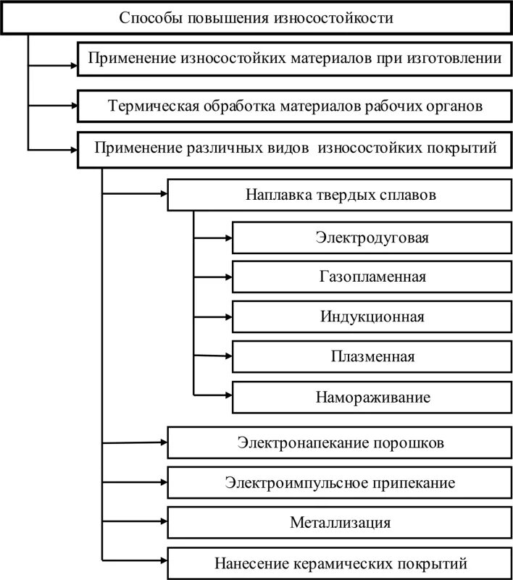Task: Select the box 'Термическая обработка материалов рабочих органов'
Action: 293,106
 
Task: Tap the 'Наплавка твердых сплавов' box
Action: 340,195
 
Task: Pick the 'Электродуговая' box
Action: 372,237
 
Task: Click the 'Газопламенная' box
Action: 372,277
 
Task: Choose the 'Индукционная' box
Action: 372,316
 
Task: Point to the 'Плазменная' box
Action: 372,356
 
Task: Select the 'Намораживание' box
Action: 372,397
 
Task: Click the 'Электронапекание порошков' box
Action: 340,442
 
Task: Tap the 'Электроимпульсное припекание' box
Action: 340,482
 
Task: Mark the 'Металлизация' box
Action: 340,522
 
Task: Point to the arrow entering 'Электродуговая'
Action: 213,237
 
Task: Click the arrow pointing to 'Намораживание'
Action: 213,395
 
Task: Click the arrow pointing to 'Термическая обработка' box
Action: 52,106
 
